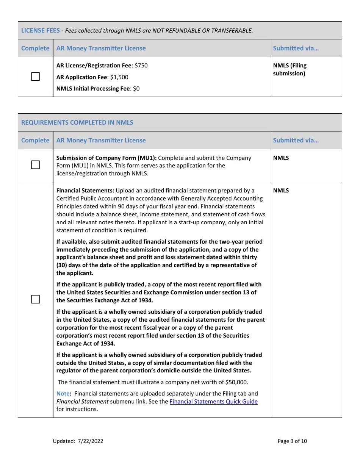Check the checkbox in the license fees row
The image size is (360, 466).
tap(35, 77)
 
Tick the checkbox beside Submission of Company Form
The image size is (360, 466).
tap(35, 165)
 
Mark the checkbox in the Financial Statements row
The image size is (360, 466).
tap(35, 299)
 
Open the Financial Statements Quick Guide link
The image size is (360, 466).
tap(213, 402)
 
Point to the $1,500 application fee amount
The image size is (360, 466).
tap(119, 77)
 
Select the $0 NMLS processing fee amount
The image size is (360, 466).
tap(136, 89)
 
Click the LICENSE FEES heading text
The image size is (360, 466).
tap(40, 31)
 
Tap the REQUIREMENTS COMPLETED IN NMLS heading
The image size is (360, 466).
tap(77, 122)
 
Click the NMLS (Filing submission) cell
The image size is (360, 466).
tap(290, 69)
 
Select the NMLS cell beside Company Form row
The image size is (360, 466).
tap(281, 158)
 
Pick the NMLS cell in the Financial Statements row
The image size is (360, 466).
tap(281, 191)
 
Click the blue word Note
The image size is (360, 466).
tap(63, 394)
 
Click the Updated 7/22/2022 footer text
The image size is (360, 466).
tap(78, 441)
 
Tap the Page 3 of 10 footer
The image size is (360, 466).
tap(292, 441)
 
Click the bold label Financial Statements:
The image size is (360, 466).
tap(85, 191)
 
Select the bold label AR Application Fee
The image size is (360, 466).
tap(81, 77)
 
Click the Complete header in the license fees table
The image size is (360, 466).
tap(35, 48)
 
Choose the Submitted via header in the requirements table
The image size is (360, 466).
tap(296, 140)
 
